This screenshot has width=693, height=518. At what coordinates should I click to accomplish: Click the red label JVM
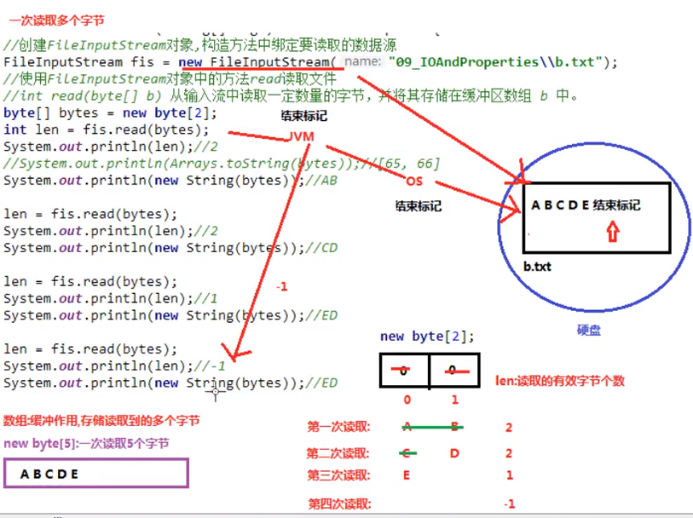300,136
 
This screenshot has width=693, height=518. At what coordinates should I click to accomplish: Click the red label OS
414,181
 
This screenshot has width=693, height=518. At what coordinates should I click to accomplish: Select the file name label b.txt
537,267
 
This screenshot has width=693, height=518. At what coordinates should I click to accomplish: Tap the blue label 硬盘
589,331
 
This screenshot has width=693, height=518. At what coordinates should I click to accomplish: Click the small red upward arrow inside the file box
611,232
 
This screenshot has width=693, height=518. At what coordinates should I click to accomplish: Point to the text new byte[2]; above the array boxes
428,337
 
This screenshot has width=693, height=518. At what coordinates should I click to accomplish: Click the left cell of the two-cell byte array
405,371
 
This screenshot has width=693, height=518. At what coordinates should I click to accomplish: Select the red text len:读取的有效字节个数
559,381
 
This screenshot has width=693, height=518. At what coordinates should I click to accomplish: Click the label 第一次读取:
338,426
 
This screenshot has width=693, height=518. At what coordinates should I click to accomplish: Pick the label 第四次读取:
338,504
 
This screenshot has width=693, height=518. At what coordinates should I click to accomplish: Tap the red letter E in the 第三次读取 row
406,475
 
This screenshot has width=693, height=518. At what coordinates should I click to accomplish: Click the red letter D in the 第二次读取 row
454,453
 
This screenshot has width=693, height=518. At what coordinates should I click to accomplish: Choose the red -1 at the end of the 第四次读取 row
509,504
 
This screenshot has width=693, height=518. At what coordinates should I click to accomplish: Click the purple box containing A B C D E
95,474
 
